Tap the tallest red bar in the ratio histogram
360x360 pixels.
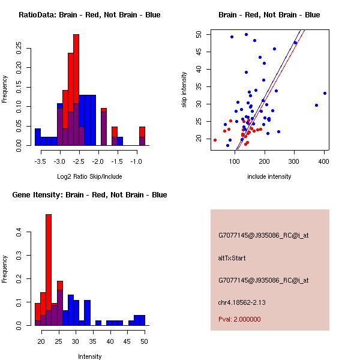76,72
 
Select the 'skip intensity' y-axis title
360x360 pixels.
184,90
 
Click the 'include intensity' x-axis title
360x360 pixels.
269,176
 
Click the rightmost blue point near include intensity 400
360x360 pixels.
325,93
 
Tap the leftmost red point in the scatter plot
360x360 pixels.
215,140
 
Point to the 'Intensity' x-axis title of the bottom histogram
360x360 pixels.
90,356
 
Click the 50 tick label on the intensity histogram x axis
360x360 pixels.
144,341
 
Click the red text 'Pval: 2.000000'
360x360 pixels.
239,319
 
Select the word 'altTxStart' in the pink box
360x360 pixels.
232,258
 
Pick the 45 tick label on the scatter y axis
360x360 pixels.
199,52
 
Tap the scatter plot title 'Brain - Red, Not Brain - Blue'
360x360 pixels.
269,15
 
